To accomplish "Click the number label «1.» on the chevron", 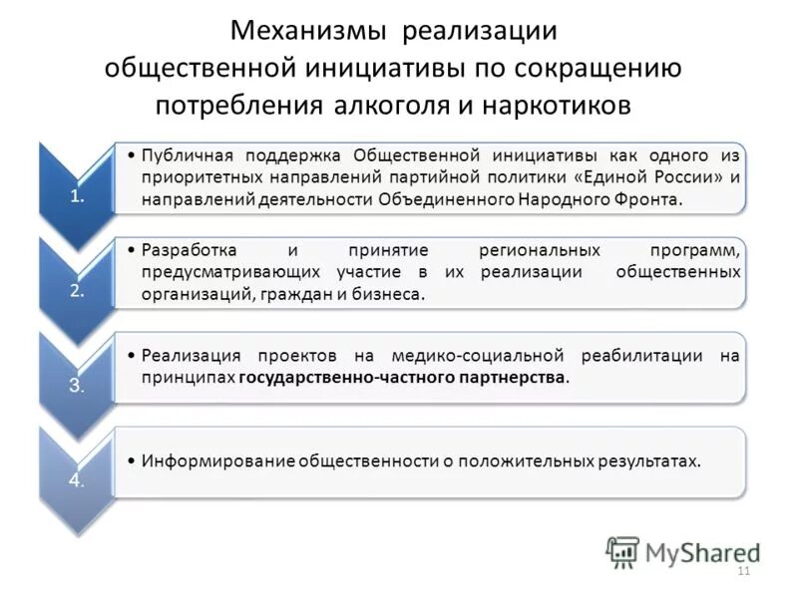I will (78, 195).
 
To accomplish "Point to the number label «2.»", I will (78, 291).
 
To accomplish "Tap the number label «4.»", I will (78, 480).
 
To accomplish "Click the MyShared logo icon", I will (622, 551).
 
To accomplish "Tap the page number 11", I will (741, 571).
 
